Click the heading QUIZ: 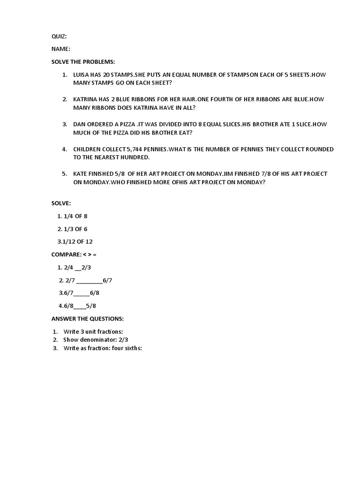click(59, 37)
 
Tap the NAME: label click(61, 49)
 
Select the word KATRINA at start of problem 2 click(86, 99)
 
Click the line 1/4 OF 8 click(72, 216)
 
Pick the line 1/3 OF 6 click(72, 229)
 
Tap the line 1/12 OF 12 click(75, 241)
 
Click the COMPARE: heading click(66, 255)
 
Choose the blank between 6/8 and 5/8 click(80, 307)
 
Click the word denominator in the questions click(97, 340)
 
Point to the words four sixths click(127, 348)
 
